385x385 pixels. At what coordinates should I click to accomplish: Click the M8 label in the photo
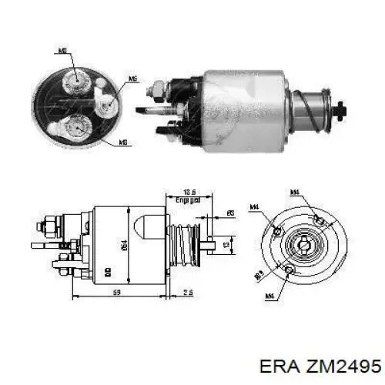click(x=65, y=51)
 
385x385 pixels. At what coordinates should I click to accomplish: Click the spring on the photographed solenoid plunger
click(x=310, y=105)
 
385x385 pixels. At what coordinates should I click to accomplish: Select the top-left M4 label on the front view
click(x=253, y=206)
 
